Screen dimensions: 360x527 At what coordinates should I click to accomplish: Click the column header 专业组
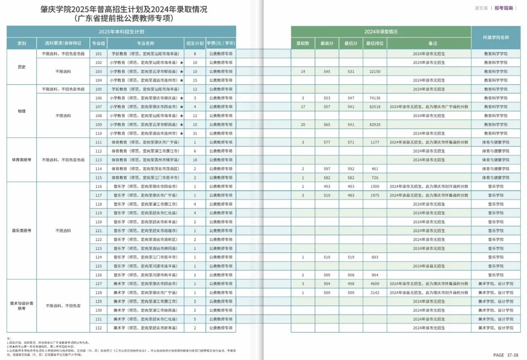pyautogui.click(x=99, y=43)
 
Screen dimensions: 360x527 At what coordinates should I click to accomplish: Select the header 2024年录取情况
pyautogui.click(x=381, y=32)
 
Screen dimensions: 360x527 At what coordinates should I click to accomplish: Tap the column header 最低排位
pyautogui.click(x=375, y=43)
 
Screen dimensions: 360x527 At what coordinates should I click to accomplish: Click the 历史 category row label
pyautogui.click(x=21, y=67)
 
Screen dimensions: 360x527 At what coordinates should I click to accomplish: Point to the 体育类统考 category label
pyautogui.click(x=21, y=160)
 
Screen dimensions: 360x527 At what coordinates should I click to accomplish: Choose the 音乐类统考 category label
pyautogui.click(x=21, y=230)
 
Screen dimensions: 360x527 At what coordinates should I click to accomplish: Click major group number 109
pyautogui.click(x=99, y=124)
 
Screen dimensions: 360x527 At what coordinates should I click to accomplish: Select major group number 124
pyautogui.click(x=99, y=257)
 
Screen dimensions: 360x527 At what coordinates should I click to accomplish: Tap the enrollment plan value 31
pyautogui.click(x=195, y=133)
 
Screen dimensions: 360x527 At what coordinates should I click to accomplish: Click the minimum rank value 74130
pyautogui.click(x=375, y=98)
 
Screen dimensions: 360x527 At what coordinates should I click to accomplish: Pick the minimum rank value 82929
pyautogui.click(x=375, y=124)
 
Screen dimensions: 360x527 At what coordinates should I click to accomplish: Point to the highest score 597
pyautogui.click(x=326, y=169)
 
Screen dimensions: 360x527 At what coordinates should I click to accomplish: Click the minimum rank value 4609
pyautogui.click(x=375, y=283)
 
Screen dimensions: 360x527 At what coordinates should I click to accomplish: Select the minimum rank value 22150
pyautogui.click(x=375, y=72)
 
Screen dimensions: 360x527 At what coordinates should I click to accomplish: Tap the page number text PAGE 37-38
pyautogui.click(x=506, y=355)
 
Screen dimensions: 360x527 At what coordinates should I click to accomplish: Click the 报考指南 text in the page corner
pyautogui.click(x=504, y=8)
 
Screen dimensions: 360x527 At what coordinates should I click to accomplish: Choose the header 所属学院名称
pyautogui.click(x=495, y=38)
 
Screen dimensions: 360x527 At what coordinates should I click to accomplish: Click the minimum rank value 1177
pyautogui.click(x=375, y=142)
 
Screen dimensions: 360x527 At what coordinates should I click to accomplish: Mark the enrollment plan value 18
pyautogui.click(x=195, y=160)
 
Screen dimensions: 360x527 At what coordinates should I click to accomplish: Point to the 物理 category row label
pyautogui.click(x=21, y=111)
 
